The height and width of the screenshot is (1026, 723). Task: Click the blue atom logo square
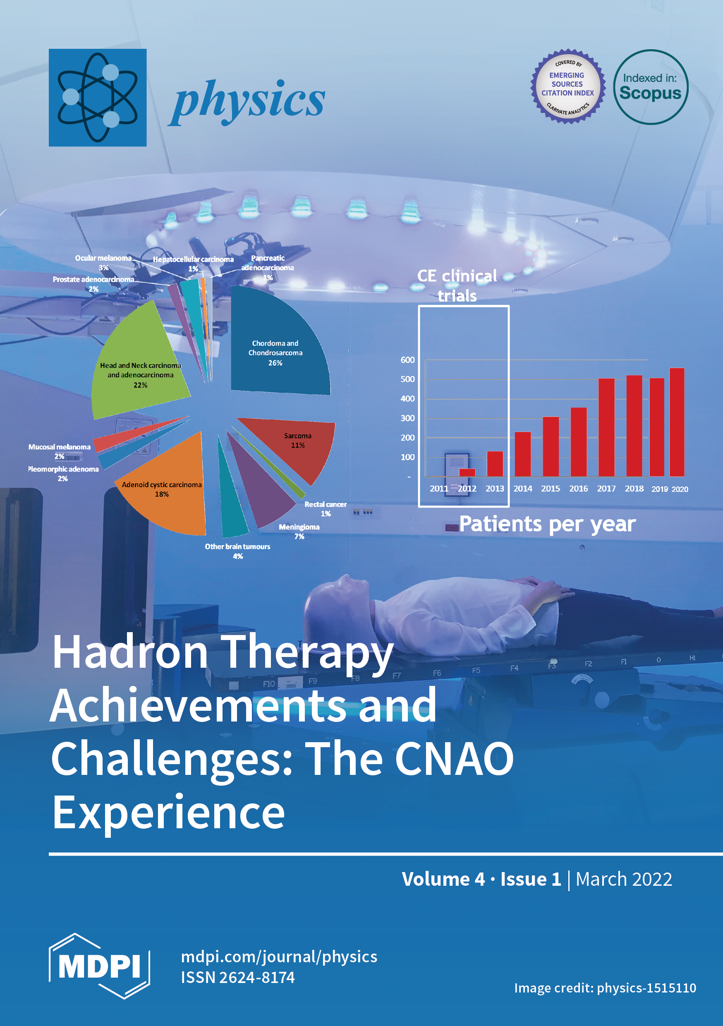pos(98,97)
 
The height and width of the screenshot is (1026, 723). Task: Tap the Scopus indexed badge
pos(651,87)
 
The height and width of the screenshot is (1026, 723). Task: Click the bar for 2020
pos(677,422)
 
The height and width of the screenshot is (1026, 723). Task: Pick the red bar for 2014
pos(523,454)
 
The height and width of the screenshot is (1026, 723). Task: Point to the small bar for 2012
pos(467,472)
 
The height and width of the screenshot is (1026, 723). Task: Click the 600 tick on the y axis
pos(407,360)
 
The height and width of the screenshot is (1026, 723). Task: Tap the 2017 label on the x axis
pos(606,489)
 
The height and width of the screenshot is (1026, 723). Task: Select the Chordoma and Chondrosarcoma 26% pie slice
pos(277,344)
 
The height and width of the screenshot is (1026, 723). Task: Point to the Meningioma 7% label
pos(299,531)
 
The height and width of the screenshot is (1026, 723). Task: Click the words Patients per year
pos(547,524)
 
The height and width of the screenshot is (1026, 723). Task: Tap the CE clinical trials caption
pos(457,285)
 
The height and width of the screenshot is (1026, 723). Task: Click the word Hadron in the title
pos(130,652)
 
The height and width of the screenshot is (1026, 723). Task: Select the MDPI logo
pos(99,966)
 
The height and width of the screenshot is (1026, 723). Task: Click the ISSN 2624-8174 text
pos(238,977)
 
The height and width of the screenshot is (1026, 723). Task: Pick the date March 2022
pos(624,879)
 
